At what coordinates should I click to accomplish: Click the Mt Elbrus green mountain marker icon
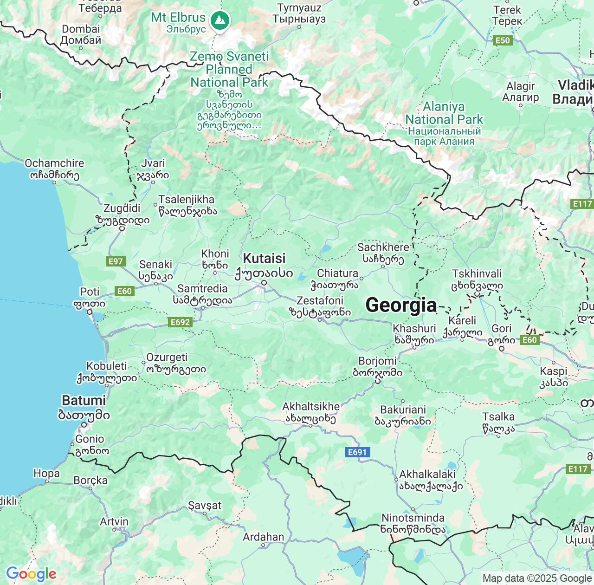tap(220, 20)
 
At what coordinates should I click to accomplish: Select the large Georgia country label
tap(401, 305)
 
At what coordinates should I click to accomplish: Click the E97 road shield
tap(115, 261)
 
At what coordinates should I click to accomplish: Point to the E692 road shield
tap(180, 322)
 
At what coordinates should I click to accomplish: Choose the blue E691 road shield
tap(357, 452)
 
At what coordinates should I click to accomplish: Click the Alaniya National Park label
tap(444, 113)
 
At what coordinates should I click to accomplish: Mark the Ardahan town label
tap(263, 537)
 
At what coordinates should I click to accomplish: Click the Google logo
tap(31, 574)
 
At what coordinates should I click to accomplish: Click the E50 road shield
tap(503, 40)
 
